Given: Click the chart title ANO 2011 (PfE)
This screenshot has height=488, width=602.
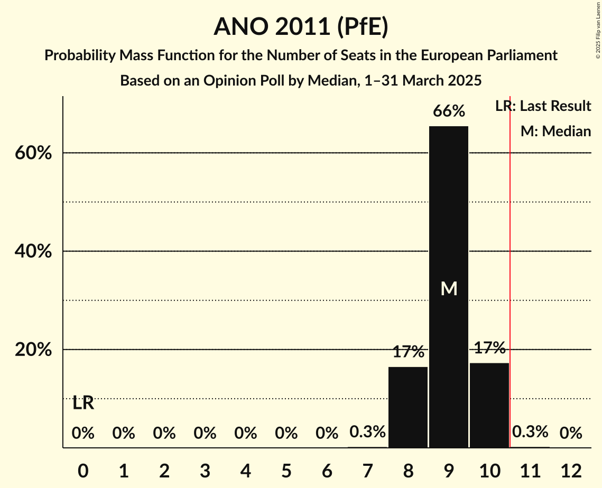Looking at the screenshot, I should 301,26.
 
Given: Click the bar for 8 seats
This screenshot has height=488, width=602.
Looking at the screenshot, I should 408,407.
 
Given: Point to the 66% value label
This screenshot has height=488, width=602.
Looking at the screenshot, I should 449,111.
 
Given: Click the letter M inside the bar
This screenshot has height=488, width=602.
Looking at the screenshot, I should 449,288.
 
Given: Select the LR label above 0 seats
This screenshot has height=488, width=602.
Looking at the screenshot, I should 83,403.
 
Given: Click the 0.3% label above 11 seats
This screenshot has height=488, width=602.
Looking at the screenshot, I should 530,432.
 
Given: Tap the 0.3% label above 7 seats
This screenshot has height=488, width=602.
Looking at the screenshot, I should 367,432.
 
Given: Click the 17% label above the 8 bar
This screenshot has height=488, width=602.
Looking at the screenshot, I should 408,351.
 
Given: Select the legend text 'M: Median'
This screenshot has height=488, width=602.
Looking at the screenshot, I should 555,131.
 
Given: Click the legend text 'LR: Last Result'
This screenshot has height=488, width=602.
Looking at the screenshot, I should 543,106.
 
